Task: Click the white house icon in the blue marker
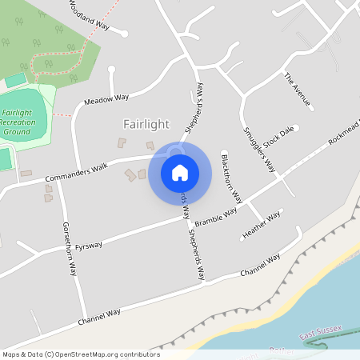click(180, 173)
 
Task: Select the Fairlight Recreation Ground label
click(22, 122)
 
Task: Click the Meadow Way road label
click(106, 100)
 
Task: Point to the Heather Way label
click(261, 225)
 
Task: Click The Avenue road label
click(298, 90)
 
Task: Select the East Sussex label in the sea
click(320, 331)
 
